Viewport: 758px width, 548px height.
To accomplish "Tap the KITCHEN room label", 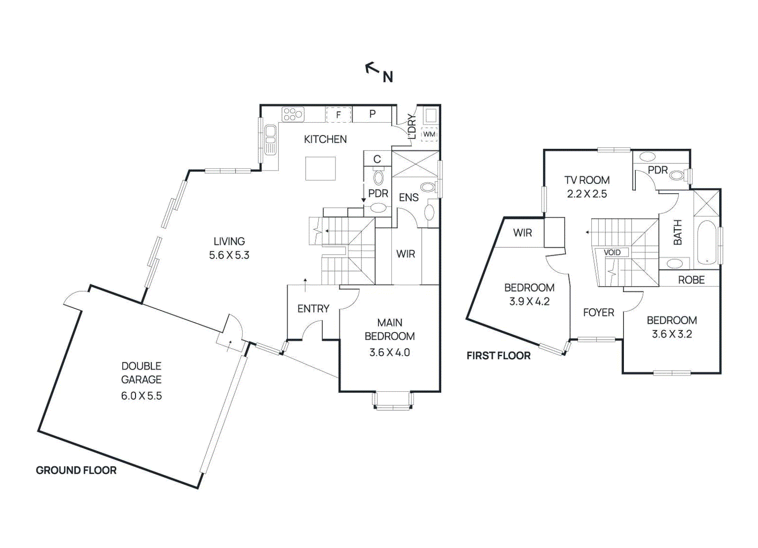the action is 325,139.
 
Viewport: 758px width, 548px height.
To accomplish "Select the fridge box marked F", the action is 339,115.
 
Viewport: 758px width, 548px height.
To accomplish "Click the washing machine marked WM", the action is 429,135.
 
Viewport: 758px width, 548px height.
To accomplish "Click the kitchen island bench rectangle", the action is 320,169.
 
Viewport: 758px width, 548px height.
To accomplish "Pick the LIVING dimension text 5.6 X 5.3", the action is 229,255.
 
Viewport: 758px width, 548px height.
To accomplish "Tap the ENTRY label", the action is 313,308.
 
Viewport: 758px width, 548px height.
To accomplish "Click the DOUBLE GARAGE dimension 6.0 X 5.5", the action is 142,396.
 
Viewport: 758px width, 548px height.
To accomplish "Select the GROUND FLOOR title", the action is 76,470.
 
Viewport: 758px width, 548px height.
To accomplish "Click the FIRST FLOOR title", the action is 498,356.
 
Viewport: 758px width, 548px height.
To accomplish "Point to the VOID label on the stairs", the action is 612,252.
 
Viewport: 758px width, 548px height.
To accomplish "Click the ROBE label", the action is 691,280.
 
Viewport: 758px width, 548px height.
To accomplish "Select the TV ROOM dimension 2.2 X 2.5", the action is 587,194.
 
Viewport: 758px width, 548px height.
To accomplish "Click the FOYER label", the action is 599,313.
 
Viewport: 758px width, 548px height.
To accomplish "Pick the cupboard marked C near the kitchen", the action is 377,159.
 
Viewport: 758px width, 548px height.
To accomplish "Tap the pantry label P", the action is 372,114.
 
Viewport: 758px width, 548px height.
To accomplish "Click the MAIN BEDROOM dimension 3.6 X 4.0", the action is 389,352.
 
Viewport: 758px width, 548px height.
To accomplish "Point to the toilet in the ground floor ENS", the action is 429,187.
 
